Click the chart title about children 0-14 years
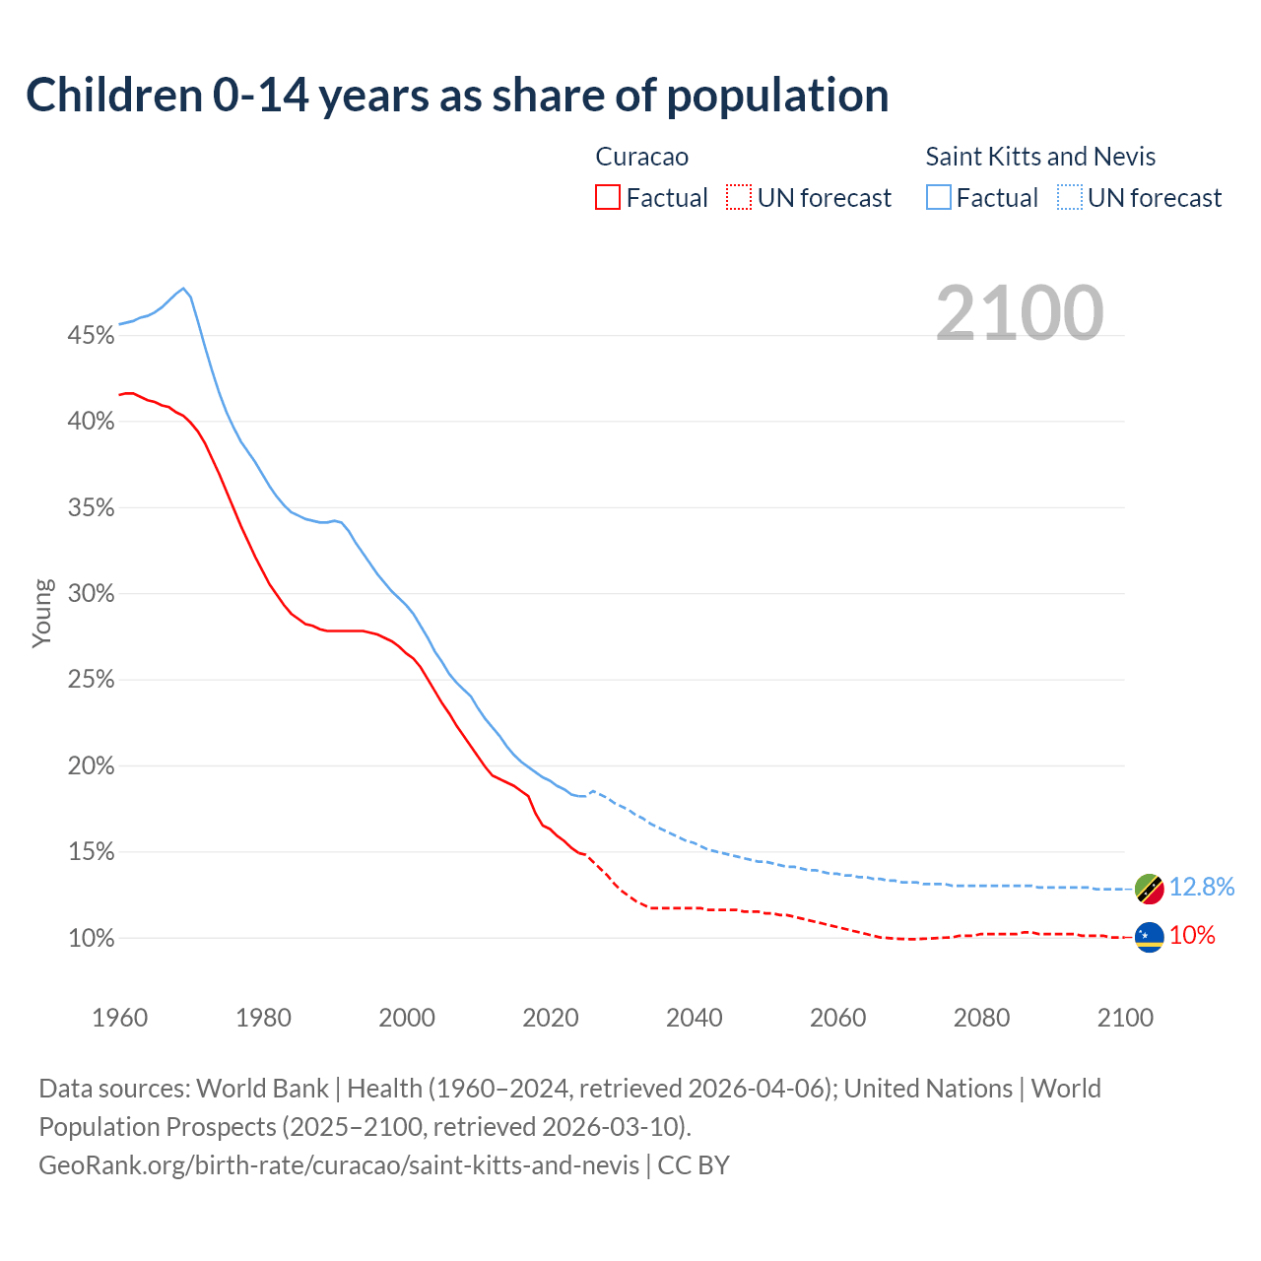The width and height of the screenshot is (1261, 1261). click(x=457, y=96)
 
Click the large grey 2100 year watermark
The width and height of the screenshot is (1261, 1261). click(x=1019, y=313)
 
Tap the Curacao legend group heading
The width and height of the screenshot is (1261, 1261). click(x=641, y=157)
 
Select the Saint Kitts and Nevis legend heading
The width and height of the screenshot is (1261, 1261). click(x=1039, y=157)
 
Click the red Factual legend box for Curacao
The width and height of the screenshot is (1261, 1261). click(x=608, y=198)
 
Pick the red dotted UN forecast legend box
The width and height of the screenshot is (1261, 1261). click(x=739, y=198)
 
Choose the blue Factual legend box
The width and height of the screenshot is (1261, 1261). click(x=938, y=198)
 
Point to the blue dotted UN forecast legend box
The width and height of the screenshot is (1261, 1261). click(x=1069, y=198)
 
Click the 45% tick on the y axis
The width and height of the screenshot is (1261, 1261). click(x=91, y=336)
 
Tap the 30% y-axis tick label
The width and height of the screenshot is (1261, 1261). click(x=91, y=594)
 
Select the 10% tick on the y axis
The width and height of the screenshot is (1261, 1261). click(x=91, y=939)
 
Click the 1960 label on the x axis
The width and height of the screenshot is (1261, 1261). click(x=119, y=1018)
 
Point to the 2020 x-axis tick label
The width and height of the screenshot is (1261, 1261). click(x=550, y=1018)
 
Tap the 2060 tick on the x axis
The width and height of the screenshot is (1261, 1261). click(x=837, y=1018)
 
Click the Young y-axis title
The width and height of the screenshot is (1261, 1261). click(x=41, y=613)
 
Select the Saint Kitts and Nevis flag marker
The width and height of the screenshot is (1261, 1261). click(x=1149, y=889)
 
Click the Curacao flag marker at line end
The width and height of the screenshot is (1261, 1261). click(x=1149, y=937)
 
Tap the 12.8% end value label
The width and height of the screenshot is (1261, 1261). click(x=1202, y=887)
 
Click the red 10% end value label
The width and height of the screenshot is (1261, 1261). click(x=1192, y=936)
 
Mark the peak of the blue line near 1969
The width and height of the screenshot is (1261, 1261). click(x=183, y=289)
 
